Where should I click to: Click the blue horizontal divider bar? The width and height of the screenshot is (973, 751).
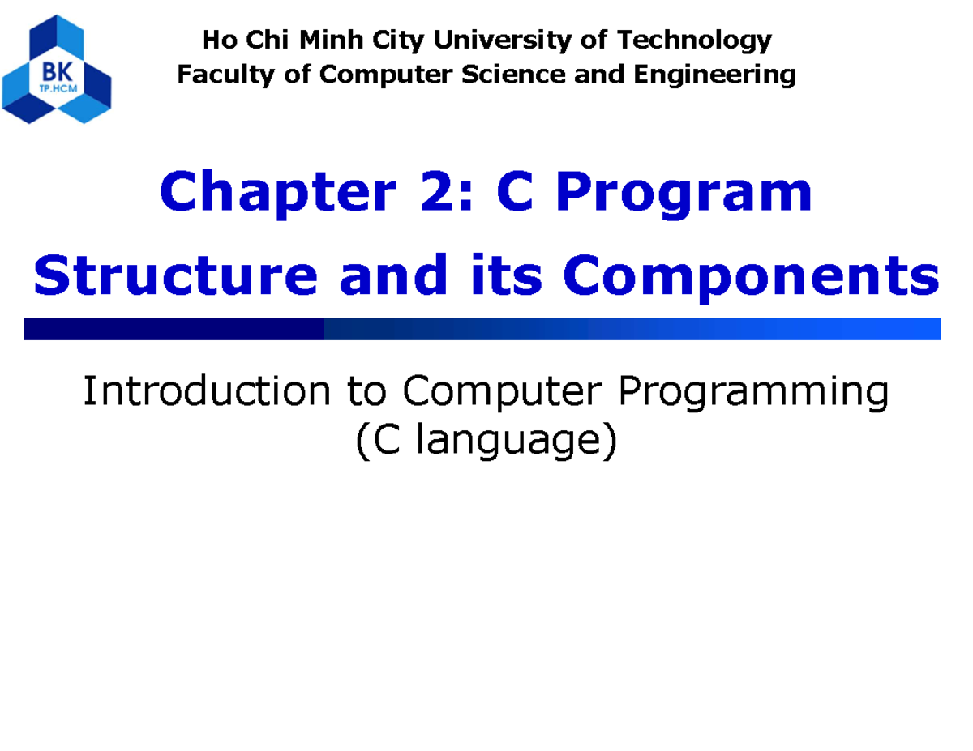tap(482, 329)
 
